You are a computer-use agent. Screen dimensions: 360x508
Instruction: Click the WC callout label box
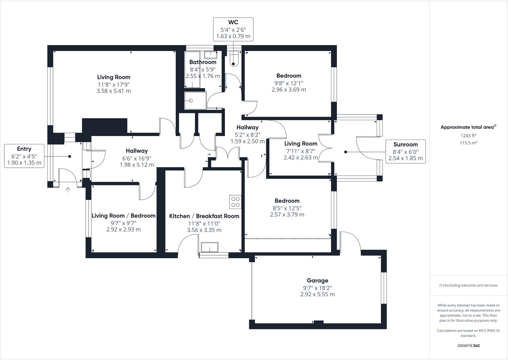click(x=233, y=29)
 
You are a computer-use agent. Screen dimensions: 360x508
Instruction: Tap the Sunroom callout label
click(x=405, y=151)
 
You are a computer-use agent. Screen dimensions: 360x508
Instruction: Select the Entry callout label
click(x=24, y=156)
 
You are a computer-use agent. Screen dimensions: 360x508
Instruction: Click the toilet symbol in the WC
click(x=234, y=59)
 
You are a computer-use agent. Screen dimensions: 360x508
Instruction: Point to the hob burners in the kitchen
click(x=235, y=202)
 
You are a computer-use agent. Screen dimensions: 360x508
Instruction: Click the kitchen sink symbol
click(x=210, y=247)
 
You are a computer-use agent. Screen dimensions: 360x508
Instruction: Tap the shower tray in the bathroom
click(x=195, y=101)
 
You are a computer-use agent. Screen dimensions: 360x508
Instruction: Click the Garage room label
click(x=317, y=280)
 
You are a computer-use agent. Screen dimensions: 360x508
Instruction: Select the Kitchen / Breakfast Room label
click(x=204, y=216)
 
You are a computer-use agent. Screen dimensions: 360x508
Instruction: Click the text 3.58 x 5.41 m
click(x=114, y=91)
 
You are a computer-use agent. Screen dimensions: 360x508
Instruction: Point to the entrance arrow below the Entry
click(x=68, y=190)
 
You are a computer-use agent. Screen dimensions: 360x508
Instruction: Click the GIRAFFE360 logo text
click(x=468, y=346)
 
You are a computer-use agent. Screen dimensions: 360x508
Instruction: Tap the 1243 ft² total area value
click(x=468, y=135)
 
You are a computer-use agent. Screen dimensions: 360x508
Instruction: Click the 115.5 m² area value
click(x=468, y=143)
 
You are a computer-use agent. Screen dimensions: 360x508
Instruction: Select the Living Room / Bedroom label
click(x=123, y=216)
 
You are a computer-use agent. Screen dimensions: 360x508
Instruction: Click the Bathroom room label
click(x=203, y=62)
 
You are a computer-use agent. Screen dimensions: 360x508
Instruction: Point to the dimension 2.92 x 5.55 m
click(x=317, y=295)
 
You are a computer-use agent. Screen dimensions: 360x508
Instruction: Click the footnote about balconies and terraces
click(x=468, y=285)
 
